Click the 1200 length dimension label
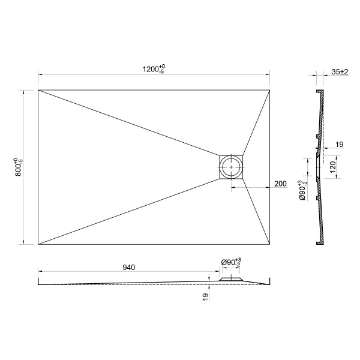point(154,69)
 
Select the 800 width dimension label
point(19,167)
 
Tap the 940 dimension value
point(129,268)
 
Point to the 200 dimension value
point(280,184)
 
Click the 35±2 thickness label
point(340,72)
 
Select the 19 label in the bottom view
point(206,297)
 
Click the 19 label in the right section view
point(340,145)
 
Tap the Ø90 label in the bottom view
point(231,262)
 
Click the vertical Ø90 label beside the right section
point(302,190)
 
